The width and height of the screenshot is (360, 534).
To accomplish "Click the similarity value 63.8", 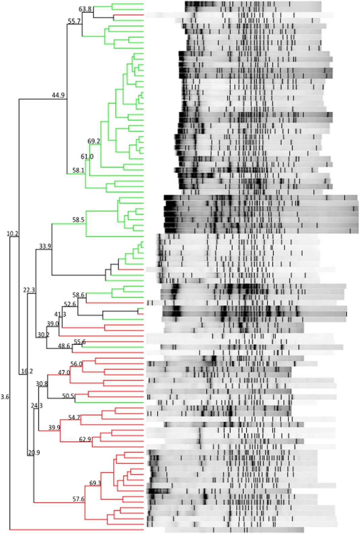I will coord(85,9).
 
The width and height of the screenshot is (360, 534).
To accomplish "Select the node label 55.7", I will coord(74,21).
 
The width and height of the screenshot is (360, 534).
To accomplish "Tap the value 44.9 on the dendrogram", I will coord(58,95).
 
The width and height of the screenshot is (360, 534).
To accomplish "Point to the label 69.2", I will coord(94,141).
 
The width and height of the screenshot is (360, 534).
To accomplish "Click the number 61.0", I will coord(87,157).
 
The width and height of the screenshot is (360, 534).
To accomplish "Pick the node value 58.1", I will coord(78,171).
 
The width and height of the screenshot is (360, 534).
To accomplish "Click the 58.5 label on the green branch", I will coord(78,220).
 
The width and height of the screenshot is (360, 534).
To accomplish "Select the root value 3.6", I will coord(5,397).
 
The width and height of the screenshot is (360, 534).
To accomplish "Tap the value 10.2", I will coord(12,234).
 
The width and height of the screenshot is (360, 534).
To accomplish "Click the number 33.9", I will coord(45,246).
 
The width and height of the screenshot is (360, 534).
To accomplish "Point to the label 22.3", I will coord(29,290).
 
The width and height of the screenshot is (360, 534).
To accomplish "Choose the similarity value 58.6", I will coord(78,295).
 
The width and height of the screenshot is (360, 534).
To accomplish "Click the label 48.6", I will coord(64,346).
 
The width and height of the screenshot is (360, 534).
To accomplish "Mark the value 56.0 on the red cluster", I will coord(76,364).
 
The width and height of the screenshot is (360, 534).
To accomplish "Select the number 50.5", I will coord(68,396).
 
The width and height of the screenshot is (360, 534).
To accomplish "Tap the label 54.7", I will coord(74,418).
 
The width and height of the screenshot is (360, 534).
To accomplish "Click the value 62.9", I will coord(85,440).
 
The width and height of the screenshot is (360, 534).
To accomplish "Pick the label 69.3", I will coord(95,483).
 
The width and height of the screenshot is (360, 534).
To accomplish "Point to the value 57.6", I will coord(78,499).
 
